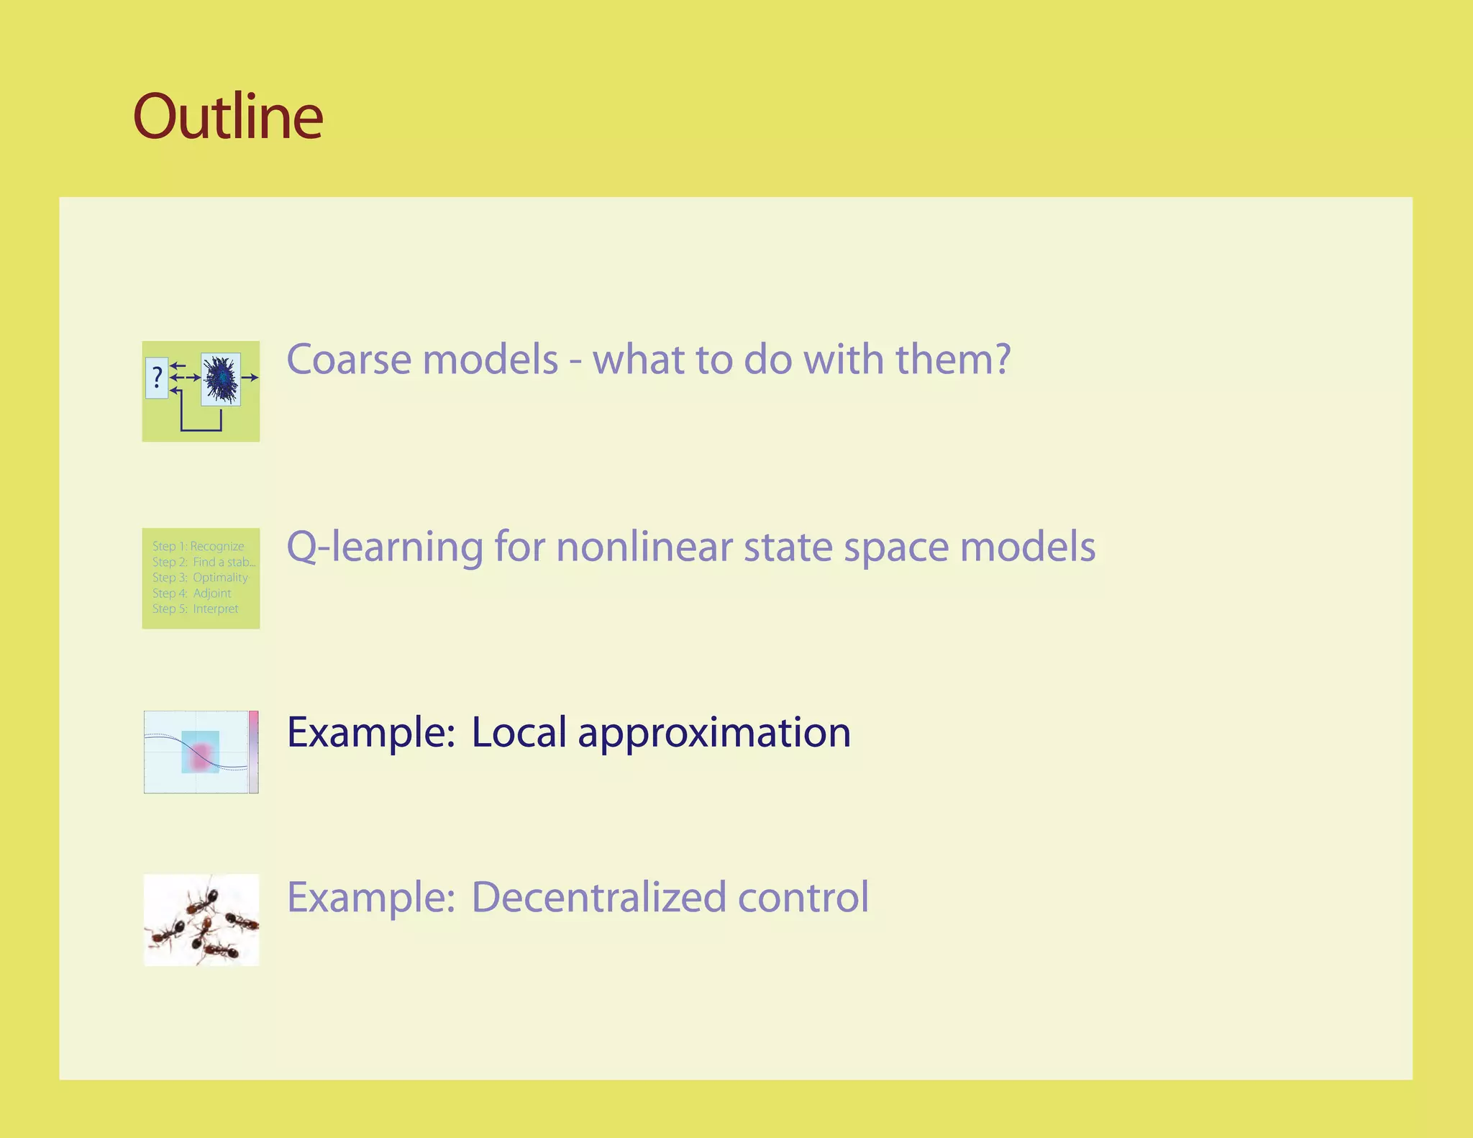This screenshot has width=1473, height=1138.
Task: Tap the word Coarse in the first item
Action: click(350, 359)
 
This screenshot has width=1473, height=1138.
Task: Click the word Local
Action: click(519, 732)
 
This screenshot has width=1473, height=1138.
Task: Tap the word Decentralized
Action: click(598, 897)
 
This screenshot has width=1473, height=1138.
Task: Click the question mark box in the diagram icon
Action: click(157, 378)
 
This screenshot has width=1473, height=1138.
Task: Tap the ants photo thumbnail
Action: click(201, 920)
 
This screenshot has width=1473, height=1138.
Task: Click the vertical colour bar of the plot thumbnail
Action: click(254, 752)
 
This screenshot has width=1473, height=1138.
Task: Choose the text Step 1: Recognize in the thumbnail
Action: click(198, 546)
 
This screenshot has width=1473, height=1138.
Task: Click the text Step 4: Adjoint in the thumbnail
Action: click(191, 593)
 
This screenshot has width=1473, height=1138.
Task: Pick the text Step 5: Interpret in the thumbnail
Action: click(195, 609)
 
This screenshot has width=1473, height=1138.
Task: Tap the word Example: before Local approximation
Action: click(371, 732)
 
